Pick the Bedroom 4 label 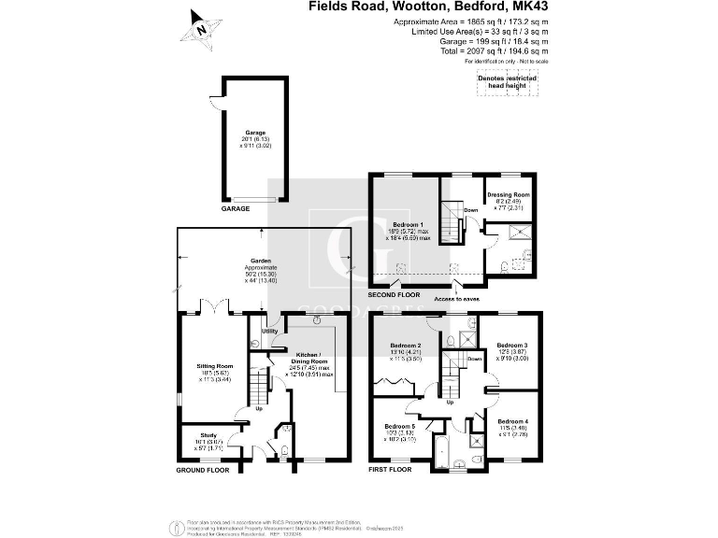(x=512, y=421)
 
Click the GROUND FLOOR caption (x=203, y=470)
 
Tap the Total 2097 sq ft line (x=487, y=52)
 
